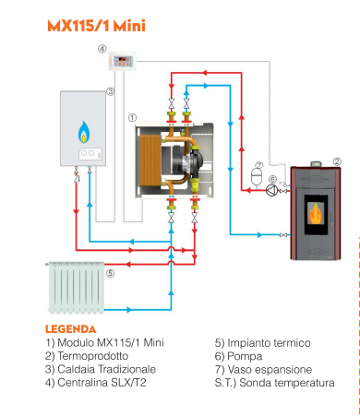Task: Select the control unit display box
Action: coord(123,63)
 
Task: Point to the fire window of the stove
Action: coord(315,215)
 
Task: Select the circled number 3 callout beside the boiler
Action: coord(110,91)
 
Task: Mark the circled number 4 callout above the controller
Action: coord(102,48)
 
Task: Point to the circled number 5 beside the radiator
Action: coord(109,273)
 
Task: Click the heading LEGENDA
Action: coord(70,328)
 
